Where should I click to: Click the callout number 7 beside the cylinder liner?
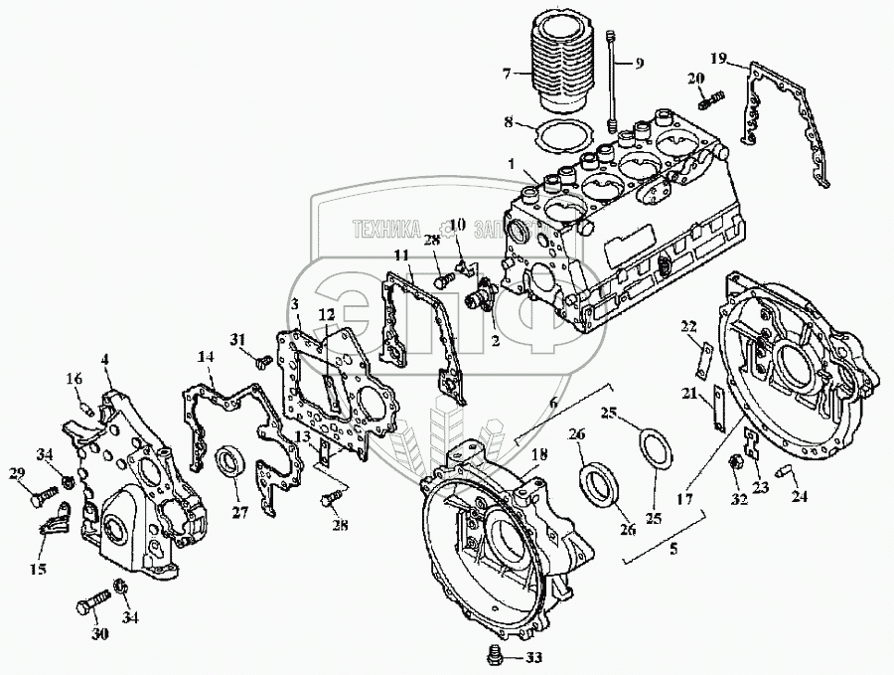coord(506,74)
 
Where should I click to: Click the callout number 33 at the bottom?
coord(534,657)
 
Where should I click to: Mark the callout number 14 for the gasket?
coord(206,356)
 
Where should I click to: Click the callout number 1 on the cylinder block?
coord(511,165)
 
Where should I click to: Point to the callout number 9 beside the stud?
coord(639,63)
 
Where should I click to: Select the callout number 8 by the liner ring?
coord(507,124)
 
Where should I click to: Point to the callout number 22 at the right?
coord(687,325)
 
